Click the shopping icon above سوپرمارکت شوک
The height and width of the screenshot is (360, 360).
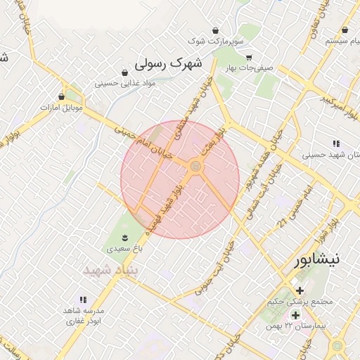215,31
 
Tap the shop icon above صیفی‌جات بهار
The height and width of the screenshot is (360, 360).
249,58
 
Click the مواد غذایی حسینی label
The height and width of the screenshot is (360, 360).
125,84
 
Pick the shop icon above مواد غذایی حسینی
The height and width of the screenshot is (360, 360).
125,72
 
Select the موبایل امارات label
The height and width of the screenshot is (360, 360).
62,108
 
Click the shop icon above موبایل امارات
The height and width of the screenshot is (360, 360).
62,96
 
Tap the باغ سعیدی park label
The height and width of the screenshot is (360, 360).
124,248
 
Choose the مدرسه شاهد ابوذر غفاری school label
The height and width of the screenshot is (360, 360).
84,315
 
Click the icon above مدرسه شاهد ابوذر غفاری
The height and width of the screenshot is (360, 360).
84,300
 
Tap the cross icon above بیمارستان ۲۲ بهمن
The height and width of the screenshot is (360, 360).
295,315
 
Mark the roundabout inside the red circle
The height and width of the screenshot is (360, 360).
195,167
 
